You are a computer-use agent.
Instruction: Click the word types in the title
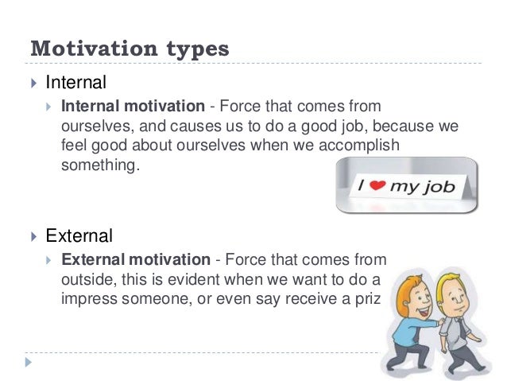196,49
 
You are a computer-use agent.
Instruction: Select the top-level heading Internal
76,81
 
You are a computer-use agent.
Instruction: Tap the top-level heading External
79,236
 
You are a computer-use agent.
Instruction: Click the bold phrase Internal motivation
134,106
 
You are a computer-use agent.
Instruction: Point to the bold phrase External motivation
135,260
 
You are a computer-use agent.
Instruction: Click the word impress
88,300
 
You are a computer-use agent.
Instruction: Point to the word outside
87,280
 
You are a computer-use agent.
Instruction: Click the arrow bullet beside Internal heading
33,82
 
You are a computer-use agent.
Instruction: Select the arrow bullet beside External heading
33,237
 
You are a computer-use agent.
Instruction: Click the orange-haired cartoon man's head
412,287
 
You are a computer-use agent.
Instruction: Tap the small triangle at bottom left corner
29,363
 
